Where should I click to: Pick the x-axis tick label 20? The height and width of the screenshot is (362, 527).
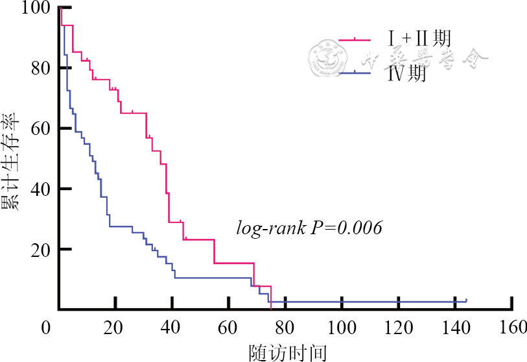tap(115, 328)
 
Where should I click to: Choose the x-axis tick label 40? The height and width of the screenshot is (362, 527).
tap(172, 328)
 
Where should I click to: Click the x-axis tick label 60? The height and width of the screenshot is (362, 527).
tap(228, 328)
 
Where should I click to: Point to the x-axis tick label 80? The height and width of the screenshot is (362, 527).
tap(285, 328)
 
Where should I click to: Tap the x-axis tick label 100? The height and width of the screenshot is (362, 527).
tap(341, 328)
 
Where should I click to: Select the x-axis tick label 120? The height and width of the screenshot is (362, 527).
tap(397, 328)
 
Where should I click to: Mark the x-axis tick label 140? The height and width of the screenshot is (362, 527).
tap(454, 328)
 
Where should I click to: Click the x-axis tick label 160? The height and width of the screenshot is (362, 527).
tap(511, 328)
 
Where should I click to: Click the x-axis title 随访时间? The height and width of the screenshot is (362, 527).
tap(288, 352)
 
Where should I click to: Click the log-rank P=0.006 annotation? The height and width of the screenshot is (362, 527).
tap(309, 228)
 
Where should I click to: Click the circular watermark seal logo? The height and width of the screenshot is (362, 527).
tap(325, 56)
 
